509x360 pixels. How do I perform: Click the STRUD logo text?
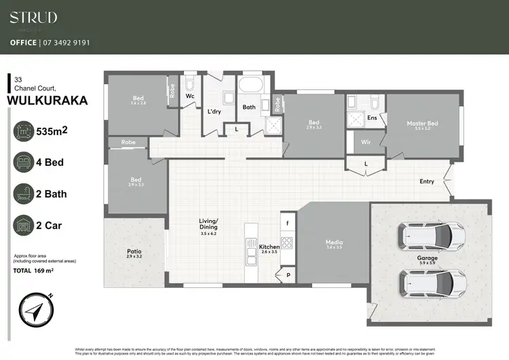[33, 18]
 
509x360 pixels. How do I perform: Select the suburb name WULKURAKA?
[47, 101]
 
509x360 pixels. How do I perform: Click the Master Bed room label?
[422, 124]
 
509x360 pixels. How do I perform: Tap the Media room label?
[333, 243]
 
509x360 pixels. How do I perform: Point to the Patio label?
[134, 252]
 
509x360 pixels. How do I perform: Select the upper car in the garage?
[426, 236]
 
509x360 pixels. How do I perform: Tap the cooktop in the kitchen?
[286, 241]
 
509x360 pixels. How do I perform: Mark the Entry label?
[426, 181]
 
